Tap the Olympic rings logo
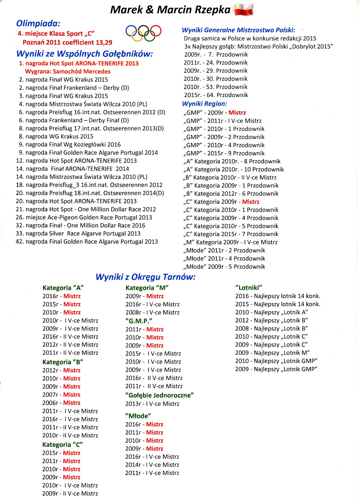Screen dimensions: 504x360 (143, 33)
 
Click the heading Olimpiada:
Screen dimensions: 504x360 (38, 23)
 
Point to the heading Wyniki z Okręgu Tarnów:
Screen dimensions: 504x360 (145, 277)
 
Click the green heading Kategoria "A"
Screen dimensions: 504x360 (63, 288)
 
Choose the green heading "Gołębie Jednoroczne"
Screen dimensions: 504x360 (160, 395)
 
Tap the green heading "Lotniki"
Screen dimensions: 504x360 (249, 287)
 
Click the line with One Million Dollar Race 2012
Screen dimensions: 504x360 (86, 209)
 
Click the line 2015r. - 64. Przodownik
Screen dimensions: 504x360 (216, 95)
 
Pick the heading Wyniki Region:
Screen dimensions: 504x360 (205, 104)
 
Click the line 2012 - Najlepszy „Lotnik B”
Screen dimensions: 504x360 (271, 320)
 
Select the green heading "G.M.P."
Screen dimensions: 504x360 (139, 321)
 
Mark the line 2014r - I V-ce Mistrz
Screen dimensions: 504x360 (152, 465)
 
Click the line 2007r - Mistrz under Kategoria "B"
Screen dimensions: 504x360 (61, 395)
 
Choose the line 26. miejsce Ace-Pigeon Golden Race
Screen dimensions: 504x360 (84, 217)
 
